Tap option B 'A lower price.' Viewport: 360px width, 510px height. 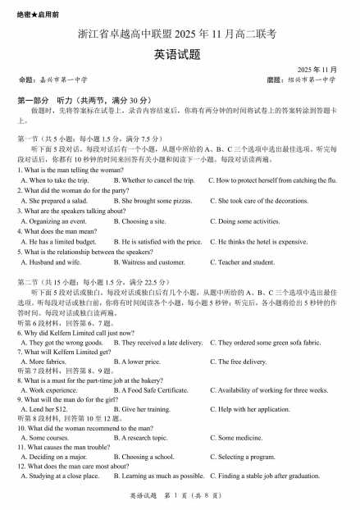[x=137, y=362]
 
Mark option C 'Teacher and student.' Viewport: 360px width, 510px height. [x=242, y=262]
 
